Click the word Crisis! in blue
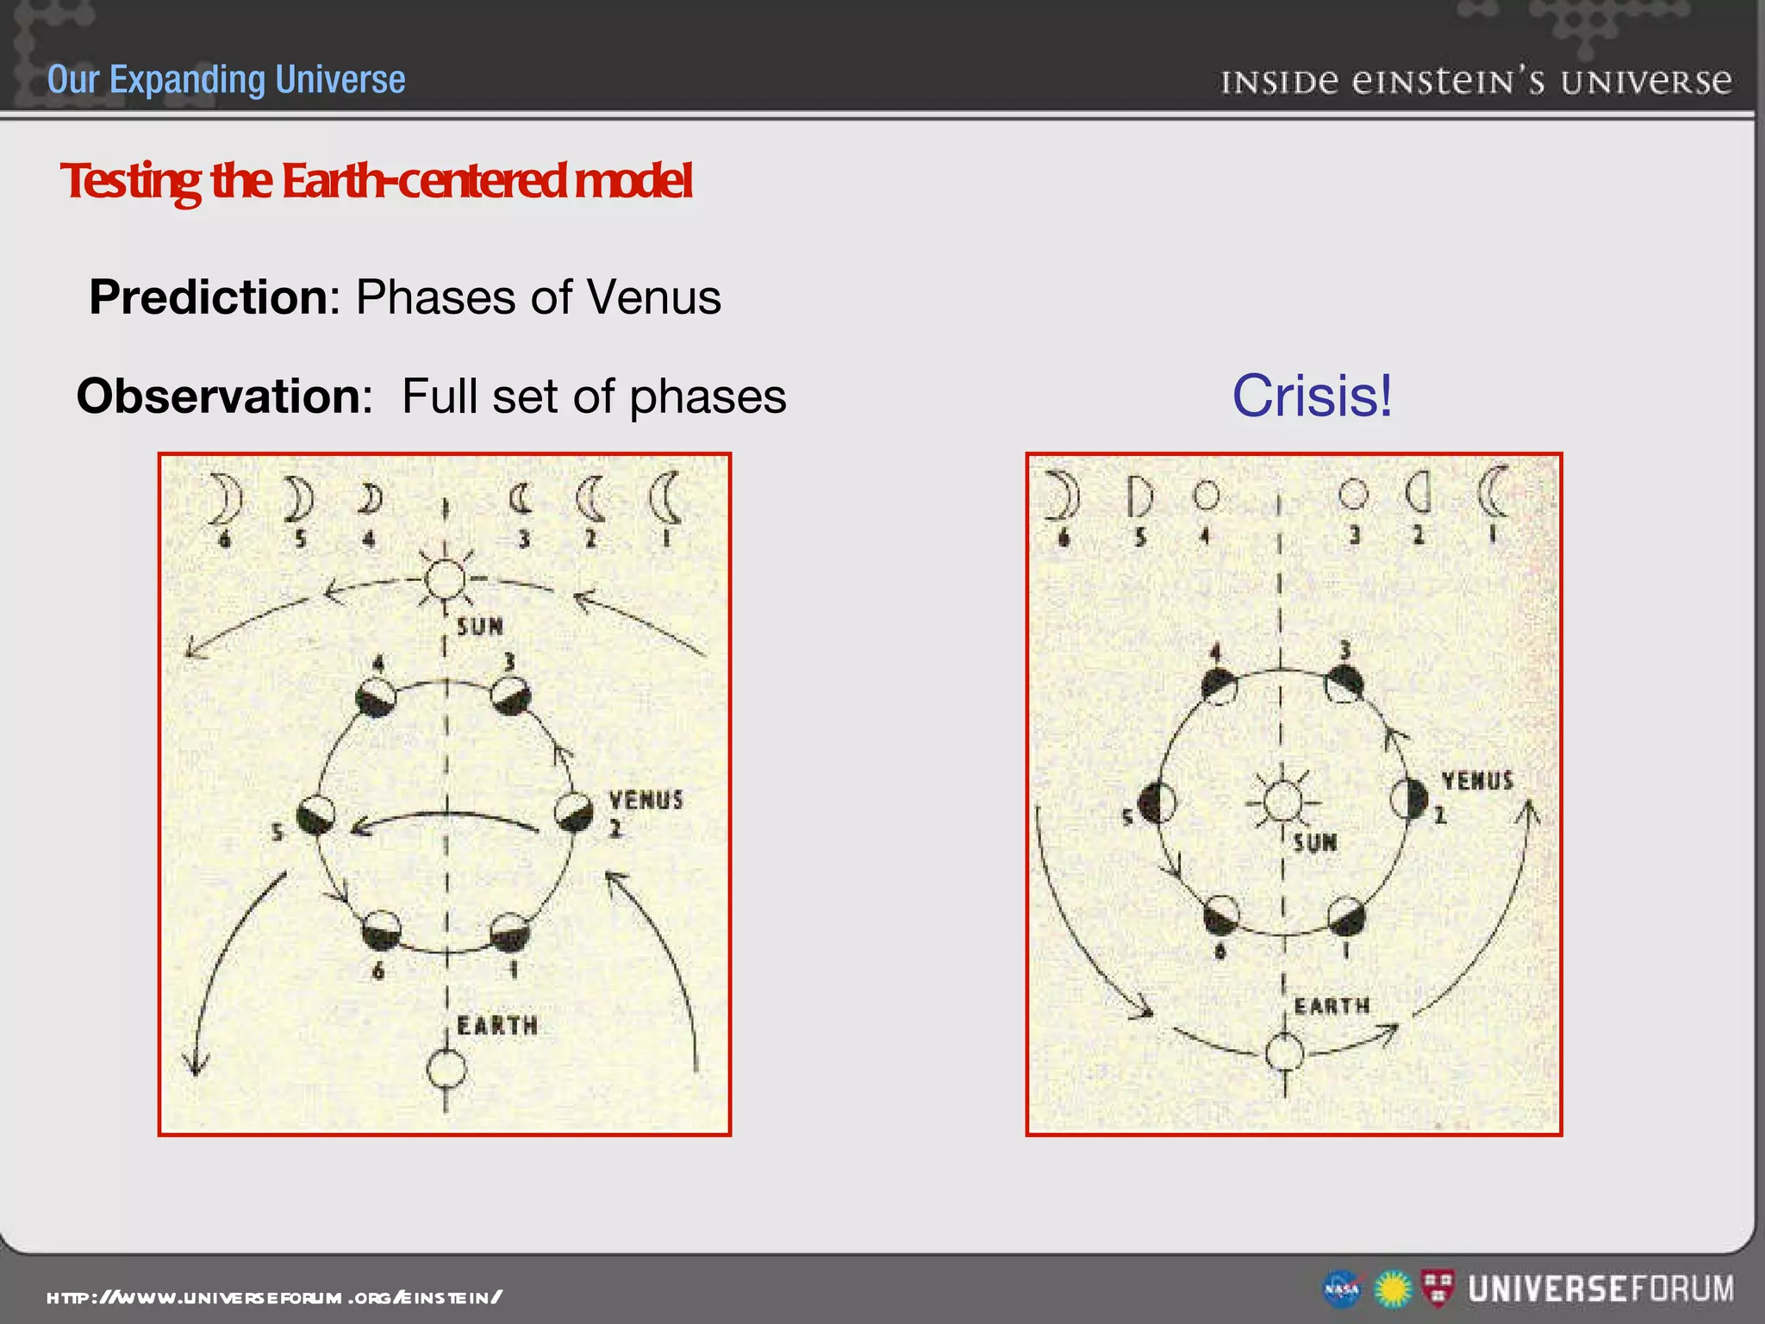click(x=1312, y=396)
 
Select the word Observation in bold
click(x=223, y=397)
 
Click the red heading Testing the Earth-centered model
click(x=376, y=181)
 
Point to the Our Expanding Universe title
click(x=226, y=79)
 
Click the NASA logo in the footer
click(x=1342, y=1290)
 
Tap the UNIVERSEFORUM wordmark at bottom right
click(x=1600, y=1290)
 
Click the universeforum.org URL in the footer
click(x=274, y=1297)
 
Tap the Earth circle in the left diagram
click(x=446, y=1071)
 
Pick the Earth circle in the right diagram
click(x=1284, y=1052)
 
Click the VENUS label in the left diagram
click(x=646, y=800)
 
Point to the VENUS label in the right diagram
click(x=1477, y=781)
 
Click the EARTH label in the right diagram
click(x=1332, y=1006)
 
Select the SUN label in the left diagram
click(x=479, y=627)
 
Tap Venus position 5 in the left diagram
click(x=315, y=815)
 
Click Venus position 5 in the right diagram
click(x=1157, y=803)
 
